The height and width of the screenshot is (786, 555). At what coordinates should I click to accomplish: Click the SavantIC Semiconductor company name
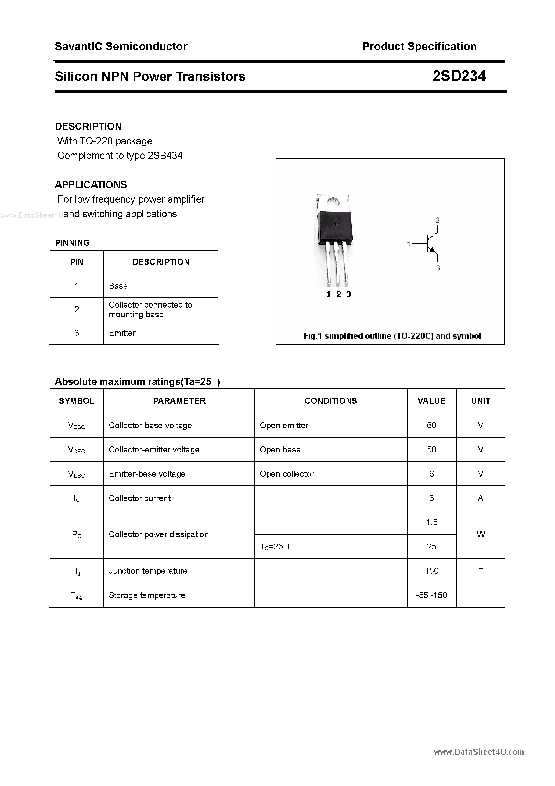point(121,47)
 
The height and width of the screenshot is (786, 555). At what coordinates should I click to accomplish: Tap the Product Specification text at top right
point(419,47)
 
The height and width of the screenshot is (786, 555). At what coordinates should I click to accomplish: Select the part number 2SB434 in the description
point(165,155)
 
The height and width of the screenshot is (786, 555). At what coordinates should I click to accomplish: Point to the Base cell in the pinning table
point(118,286)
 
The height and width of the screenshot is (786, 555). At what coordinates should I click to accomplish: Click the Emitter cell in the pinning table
point(122,333)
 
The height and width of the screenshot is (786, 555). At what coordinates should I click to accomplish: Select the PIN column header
point(77,262)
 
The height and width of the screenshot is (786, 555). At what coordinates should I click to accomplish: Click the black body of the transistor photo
point(335,226)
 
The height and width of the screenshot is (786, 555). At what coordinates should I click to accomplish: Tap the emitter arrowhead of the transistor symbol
point(432,250)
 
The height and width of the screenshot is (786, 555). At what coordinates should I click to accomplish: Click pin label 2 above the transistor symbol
point(438,220)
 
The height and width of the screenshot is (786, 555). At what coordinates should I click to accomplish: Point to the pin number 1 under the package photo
point(329,294)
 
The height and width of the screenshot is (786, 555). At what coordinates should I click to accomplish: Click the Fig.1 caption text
point(392,336)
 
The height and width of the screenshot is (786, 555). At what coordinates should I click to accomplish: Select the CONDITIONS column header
point(330,401)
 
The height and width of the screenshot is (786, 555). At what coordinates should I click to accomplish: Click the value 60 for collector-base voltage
point(431,425)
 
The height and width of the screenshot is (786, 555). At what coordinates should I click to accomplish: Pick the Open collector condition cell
point(287,474)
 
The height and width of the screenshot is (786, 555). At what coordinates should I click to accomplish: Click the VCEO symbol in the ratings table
point(77,450)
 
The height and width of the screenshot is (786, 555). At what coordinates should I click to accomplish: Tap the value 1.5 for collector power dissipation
point(431,522)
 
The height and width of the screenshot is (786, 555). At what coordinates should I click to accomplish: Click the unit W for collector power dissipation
point(480,534)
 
